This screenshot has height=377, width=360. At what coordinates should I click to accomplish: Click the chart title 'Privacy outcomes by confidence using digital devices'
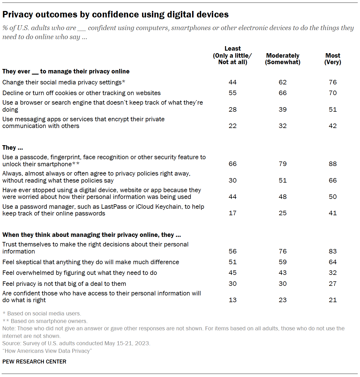115,14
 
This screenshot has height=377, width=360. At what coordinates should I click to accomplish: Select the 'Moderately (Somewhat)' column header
283,59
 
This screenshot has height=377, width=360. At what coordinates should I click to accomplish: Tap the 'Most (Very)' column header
333,59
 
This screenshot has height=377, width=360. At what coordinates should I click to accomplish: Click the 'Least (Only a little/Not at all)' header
233,55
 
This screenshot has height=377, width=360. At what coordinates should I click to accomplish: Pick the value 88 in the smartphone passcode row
333,164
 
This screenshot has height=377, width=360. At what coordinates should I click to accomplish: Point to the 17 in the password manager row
233,213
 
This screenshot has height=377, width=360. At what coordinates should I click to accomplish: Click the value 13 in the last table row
233,300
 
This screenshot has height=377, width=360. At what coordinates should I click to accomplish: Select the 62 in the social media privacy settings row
283,82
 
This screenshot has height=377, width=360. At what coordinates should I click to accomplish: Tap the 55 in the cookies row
233,93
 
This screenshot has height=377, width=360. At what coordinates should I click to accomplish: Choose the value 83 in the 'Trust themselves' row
333,251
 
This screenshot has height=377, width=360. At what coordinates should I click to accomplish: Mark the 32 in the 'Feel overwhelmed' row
333,273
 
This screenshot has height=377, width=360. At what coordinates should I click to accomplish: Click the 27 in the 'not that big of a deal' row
333,284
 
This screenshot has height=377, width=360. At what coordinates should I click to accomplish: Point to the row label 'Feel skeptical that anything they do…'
91,262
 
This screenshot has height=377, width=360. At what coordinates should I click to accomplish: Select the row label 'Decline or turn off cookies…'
82,93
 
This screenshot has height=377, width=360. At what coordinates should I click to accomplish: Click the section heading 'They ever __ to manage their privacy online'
66,71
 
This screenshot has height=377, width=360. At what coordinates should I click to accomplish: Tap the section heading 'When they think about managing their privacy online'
91,235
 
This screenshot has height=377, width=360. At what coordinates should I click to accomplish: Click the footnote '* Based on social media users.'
42,313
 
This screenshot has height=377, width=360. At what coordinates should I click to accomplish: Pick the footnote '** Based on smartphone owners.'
45,321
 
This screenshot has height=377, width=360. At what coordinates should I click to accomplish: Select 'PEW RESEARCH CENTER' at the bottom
34,362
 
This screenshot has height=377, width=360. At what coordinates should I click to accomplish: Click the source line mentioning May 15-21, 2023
76,343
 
